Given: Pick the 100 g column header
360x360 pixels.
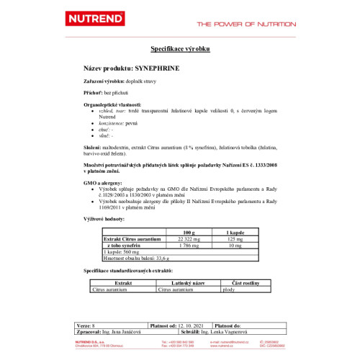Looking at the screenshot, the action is tap(189, 233).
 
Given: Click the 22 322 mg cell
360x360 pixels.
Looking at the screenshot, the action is tap(189, 239).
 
